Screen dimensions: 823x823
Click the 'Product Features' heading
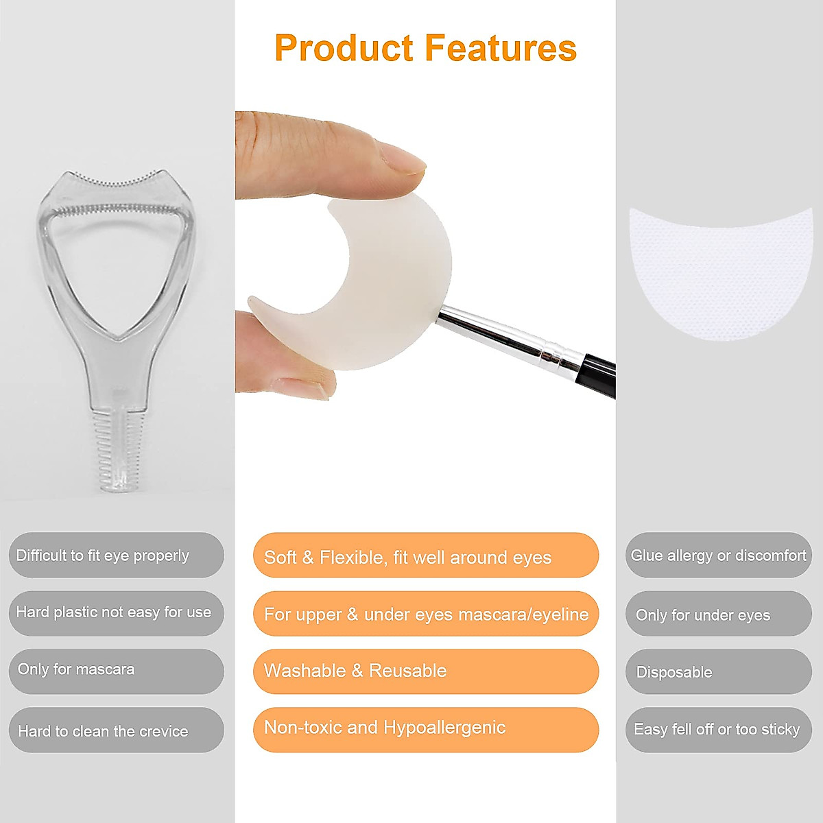point(425,48)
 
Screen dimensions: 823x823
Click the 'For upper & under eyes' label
point(425,614)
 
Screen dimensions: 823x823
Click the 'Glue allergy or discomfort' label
point(718,556)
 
